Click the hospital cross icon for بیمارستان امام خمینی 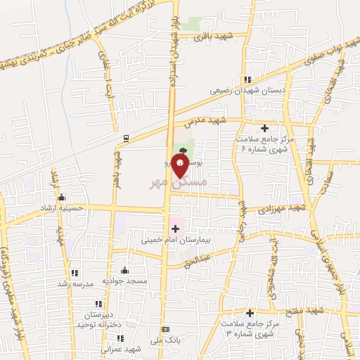pyautogui.click(x=176, y=228)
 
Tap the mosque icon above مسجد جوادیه pyautogui.click(x=125, y=271)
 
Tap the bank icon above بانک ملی pyautogui.click(x=165, y=329)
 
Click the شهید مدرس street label pyautogui.click(x=208, y=121)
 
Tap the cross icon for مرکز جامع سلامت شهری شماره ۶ pyautogui.click(x=265, y=128)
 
